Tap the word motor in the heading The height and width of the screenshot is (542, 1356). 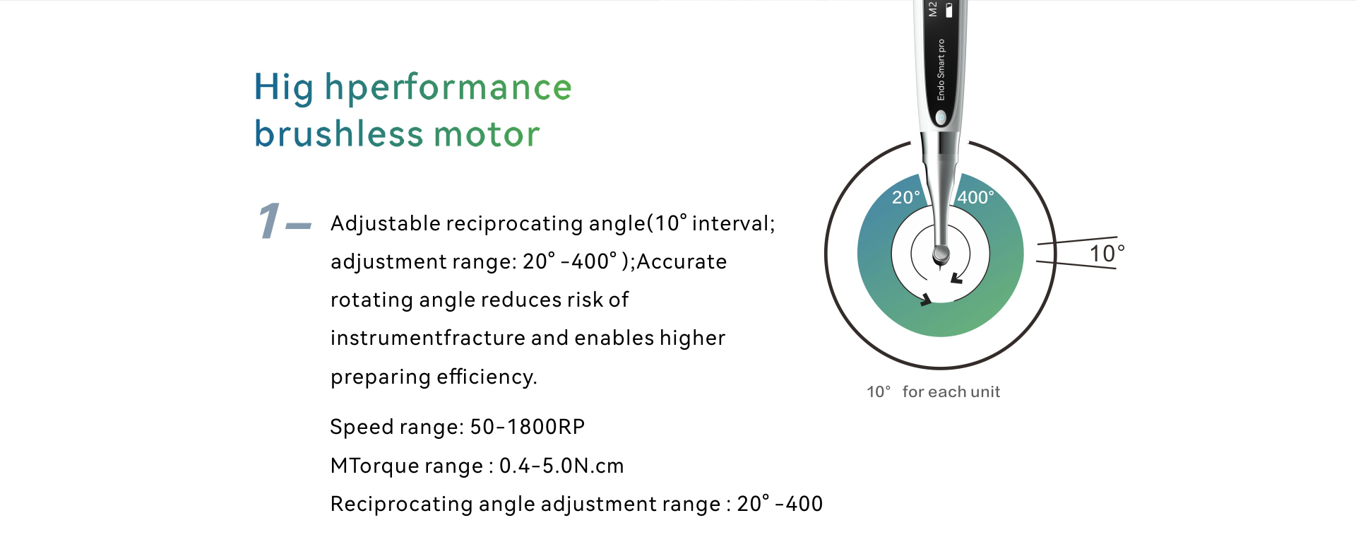[487, 134]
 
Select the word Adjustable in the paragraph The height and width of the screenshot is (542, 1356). [386, 224]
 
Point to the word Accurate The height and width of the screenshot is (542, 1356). [682, 261]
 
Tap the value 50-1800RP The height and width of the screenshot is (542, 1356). [528, 427]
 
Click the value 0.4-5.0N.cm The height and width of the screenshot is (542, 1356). [561, 466]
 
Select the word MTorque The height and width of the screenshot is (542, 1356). [374, 466]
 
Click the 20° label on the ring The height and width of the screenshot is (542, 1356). [906, 198]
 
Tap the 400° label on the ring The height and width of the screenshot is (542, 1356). [976, 198]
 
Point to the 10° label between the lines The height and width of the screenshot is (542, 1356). [1107, 253]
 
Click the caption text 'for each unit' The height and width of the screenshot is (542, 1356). [951, 391]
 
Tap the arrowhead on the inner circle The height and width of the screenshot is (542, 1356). [956, 278]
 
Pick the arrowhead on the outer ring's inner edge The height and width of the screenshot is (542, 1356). [925, 300]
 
